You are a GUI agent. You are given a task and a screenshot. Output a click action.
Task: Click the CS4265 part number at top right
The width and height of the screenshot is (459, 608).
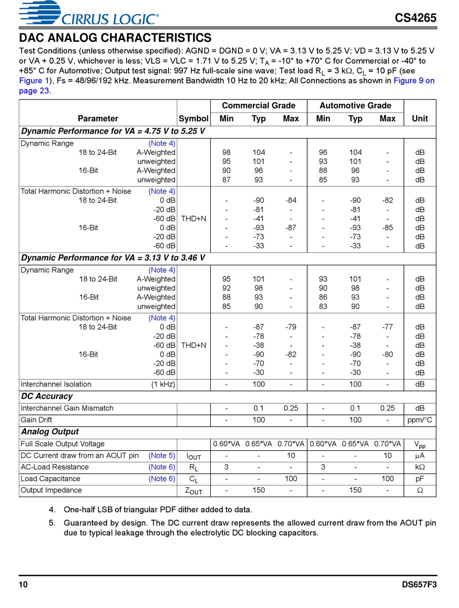[x=416, y=18]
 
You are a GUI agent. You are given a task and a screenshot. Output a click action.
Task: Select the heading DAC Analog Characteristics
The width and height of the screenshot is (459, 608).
[x=115, y=38]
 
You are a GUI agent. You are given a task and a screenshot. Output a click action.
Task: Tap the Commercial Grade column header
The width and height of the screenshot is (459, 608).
[x=258, y=106]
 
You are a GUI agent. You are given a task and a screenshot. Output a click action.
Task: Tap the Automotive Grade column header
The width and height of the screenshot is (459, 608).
[x=355, y=106]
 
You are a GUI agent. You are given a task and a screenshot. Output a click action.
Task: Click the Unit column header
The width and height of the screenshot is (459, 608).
[x=419, y=118]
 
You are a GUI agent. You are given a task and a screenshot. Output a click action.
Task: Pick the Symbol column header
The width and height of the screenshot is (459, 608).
[x=193, y=118]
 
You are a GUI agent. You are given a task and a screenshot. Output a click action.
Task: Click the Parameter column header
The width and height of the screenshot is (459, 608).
[x=98, y=118]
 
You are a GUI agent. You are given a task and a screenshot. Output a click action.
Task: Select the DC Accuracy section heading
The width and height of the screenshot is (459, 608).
[x=47, y=396]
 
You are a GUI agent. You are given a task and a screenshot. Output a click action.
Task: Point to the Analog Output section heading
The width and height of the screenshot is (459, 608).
[x=50, y=431]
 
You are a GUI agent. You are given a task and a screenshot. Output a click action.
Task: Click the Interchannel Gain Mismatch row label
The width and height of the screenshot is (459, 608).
[x=67, y=408]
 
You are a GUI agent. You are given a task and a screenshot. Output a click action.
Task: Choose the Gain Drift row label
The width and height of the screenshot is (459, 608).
[x=36, y=420]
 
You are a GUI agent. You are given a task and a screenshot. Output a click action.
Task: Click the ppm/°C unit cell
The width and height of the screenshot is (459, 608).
[x=419, y=420]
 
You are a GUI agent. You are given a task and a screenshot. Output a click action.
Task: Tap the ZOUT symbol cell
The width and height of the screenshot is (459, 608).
[x=193, y=491]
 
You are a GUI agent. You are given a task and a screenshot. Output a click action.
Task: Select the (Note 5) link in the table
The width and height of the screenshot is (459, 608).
[x=161, y=456]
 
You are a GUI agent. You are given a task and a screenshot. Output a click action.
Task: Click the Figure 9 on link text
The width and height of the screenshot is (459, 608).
[x=414, y=81]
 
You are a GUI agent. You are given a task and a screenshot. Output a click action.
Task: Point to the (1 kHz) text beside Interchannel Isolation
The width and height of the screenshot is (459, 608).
[x=163, y=384]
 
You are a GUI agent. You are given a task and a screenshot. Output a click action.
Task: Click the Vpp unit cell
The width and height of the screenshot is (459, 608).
[x=419, y=444]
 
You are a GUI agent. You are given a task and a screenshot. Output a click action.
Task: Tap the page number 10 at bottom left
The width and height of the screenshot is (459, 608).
[x=23, y=585]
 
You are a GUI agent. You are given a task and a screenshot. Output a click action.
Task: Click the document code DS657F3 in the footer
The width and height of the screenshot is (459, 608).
[x=419, y=585]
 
